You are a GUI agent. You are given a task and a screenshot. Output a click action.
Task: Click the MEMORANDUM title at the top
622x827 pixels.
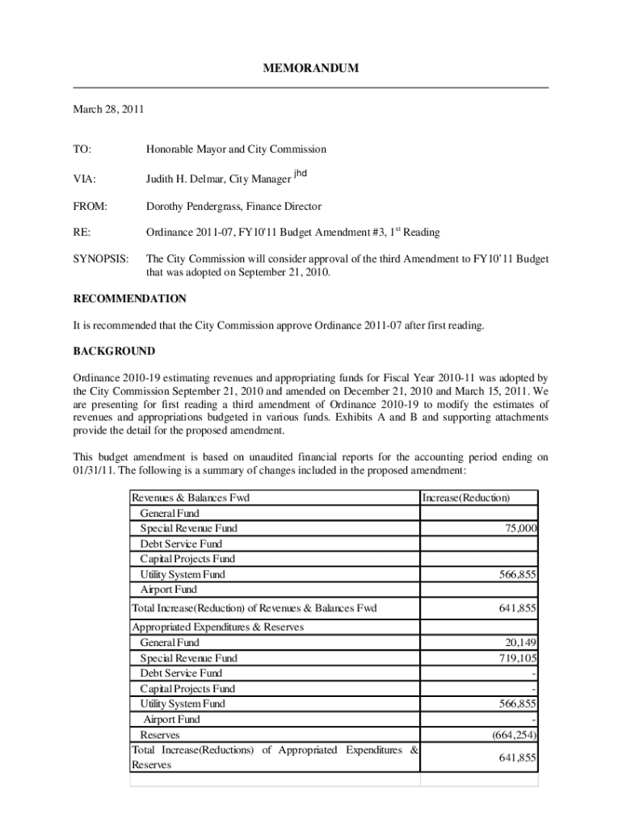coord(311,69)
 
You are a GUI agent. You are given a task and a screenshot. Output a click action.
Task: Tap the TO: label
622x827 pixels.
coord(82,149)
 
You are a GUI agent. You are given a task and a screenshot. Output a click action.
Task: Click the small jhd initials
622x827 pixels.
coord(300,173)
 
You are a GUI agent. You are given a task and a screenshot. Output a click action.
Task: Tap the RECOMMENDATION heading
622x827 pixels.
coord(130,299)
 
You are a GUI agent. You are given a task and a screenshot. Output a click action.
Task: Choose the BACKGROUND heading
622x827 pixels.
coord(114,352)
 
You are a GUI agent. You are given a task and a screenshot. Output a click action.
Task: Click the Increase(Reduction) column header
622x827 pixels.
coord(466,498)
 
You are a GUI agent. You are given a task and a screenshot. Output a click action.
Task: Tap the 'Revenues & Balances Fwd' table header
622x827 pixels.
coord(191,498)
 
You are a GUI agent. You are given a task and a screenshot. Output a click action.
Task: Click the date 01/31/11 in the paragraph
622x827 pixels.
coord(95,471)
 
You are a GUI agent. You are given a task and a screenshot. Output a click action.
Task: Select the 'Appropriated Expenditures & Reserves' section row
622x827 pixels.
coord(217,628)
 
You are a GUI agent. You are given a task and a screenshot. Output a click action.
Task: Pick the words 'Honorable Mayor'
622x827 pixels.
coord(183,149)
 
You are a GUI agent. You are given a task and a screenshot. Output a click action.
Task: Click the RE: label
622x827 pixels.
coord(82,233)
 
